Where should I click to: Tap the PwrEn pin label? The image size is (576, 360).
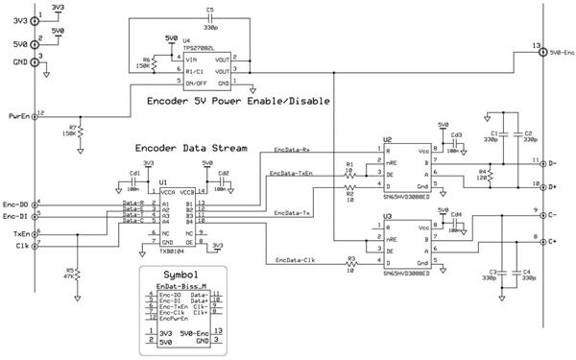15,116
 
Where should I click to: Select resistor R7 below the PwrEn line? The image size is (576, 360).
82,130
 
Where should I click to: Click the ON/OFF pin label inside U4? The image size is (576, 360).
196,83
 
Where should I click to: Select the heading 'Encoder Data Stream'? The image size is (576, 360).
190,149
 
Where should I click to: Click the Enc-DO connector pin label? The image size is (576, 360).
15,204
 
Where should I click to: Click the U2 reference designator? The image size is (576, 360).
387,140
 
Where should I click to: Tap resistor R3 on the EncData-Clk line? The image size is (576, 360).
352,265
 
